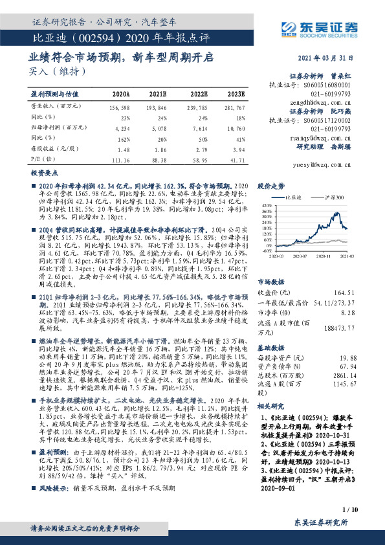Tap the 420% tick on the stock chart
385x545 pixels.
265,204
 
